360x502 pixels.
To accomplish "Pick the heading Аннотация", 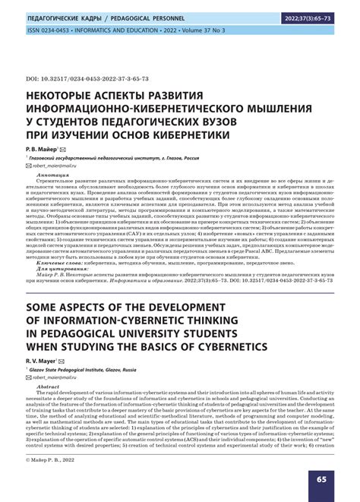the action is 54,195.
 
